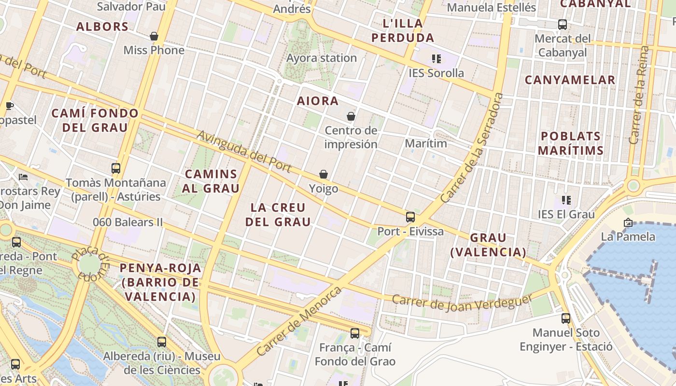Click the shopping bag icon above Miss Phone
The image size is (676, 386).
(x=154, y=36)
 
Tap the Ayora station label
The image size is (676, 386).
(x=322, y=58)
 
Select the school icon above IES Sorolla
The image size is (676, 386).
(x=437, y=59)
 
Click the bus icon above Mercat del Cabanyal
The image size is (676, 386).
(x=563, y=24)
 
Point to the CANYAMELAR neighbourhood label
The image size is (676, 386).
(x=570, y=80)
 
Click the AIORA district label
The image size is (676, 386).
(x=318, y=101)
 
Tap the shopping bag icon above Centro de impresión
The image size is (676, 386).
(x=351, y=116)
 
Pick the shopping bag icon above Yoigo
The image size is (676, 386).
(x=324, y=174)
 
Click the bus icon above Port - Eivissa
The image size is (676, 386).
(x=410, y=217)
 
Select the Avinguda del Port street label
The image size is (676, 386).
(x=244, y=151)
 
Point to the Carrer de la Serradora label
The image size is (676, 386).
(x=472, y=148)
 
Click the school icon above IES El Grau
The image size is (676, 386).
(x=566, y=200)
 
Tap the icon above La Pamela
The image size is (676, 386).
(x=628, y=222)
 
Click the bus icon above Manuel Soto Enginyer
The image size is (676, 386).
(x=566, y=318)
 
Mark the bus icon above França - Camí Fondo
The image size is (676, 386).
(x=355, y=333)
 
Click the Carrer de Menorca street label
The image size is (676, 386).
(x=299, y=321)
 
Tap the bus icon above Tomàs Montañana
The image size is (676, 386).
(x=116, y=168)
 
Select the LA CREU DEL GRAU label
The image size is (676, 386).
(x=278, y=215)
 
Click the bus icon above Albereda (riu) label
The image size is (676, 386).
(x=162, y=342)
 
